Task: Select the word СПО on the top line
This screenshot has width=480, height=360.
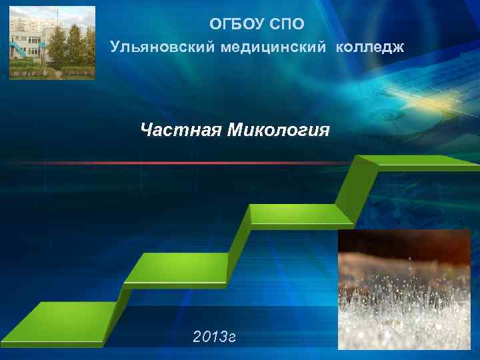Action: tap(287, 25)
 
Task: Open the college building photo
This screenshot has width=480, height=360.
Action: tap(52, 43)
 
